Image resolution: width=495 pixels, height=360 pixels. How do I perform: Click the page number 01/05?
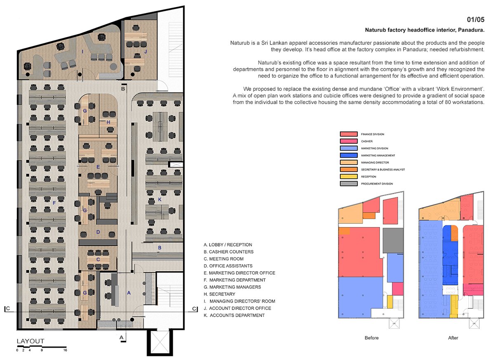pyautogui.click(x=475, y=19)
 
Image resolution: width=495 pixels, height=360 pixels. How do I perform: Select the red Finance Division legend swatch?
pyautogui.click(x=348, y=134)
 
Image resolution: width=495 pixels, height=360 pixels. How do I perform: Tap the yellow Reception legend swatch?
pyautogui.click(x=348, y=177)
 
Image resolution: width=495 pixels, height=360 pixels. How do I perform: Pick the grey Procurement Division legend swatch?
pyautogui.click(x=348, y=184)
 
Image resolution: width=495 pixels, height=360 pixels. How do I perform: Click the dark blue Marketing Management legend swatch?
pyautogui.click(x=348, y=155)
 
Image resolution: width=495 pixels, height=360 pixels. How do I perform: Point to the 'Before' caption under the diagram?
pyautogui.click(x=371, y=338)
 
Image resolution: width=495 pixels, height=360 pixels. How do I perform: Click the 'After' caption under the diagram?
pyautogui.click(x=453, y=338)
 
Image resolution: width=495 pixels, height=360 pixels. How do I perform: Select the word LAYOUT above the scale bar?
pyautogui.click(x=30, y=341)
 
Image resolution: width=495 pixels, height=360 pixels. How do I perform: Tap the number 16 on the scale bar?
pyautogui.click(x=65, y=350)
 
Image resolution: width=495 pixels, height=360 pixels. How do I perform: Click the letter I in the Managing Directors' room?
pyautogui.click(x=82, y=51)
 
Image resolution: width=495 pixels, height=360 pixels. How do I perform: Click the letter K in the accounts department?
pyautogui.click(x=160, y=200)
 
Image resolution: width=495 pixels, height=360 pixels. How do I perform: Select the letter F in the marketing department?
pyautogui.click(x=54, y=203)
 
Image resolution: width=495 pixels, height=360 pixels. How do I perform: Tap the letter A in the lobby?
pyautogui.click(x=129, y=293)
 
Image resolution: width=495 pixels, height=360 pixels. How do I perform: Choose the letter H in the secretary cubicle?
pyautogui.click(x=108, y=122)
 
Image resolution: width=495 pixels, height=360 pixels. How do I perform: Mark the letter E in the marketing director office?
pyautogui.click(x=98, y=167)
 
